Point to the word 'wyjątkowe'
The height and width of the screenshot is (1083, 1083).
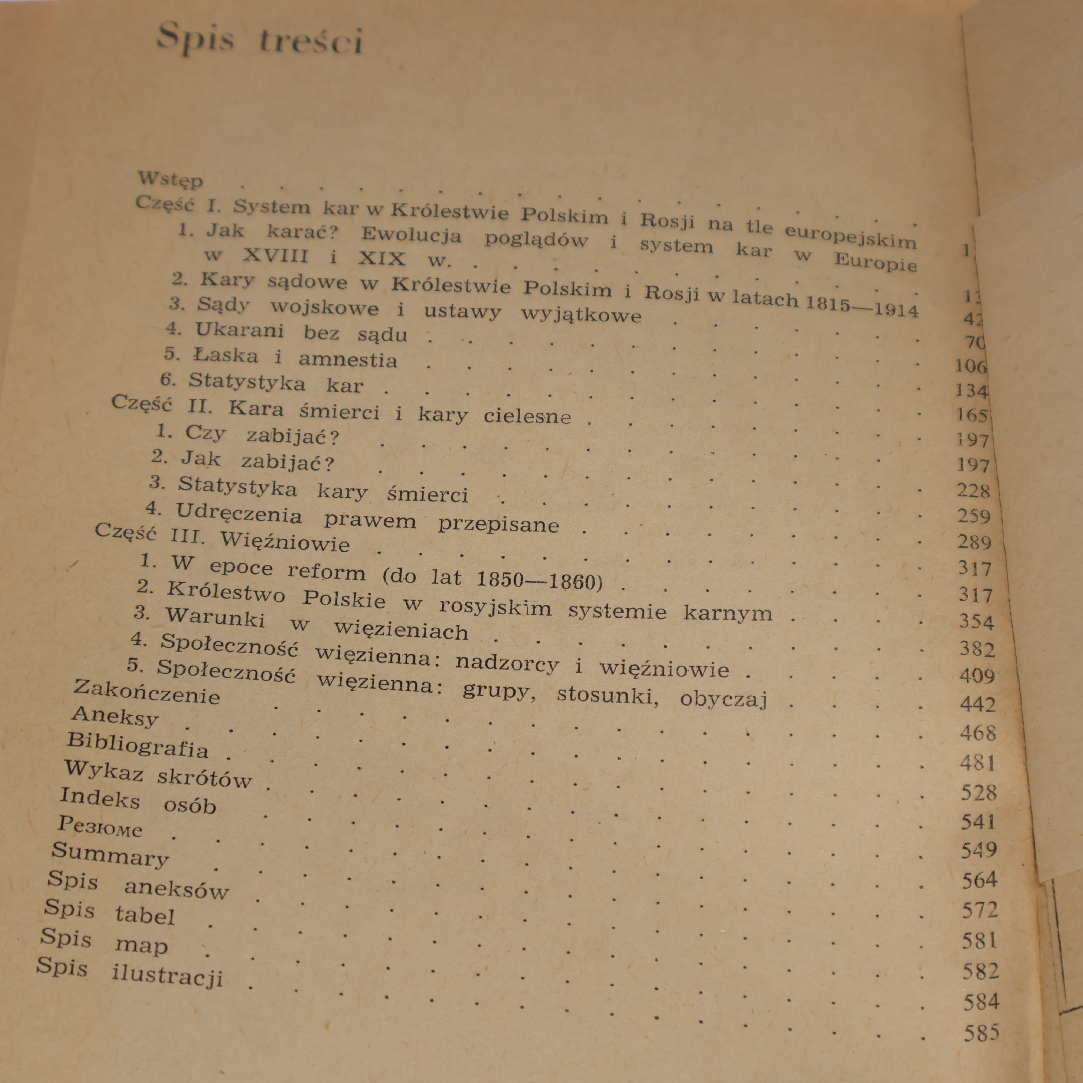[581, 314]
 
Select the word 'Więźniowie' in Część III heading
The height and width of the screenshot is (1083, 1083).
[285, 542]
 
